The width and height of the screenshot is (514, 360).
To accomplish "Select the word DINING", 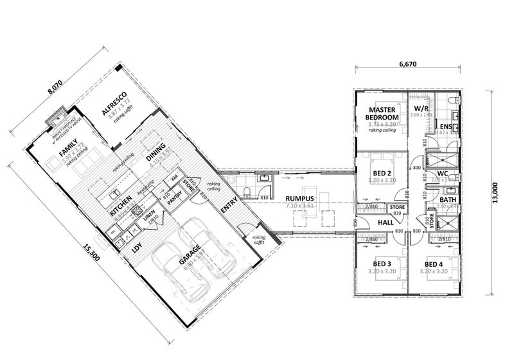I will point(156,151).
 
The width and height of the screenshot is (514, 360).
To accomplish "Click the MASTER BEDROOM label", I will point(382,114).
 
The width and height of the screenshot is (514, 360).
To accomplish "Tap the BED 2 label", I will point(383,173).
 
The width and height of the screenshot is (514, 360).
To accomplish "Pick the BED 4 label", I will point(434,264).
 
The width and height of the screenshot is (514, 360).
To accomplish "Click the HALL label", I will point(385,222).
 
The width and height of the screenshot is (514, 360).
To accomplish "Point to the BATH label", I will point(448,200).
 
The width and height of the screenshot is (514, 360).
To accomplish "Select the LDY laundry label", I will point(136,247).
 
